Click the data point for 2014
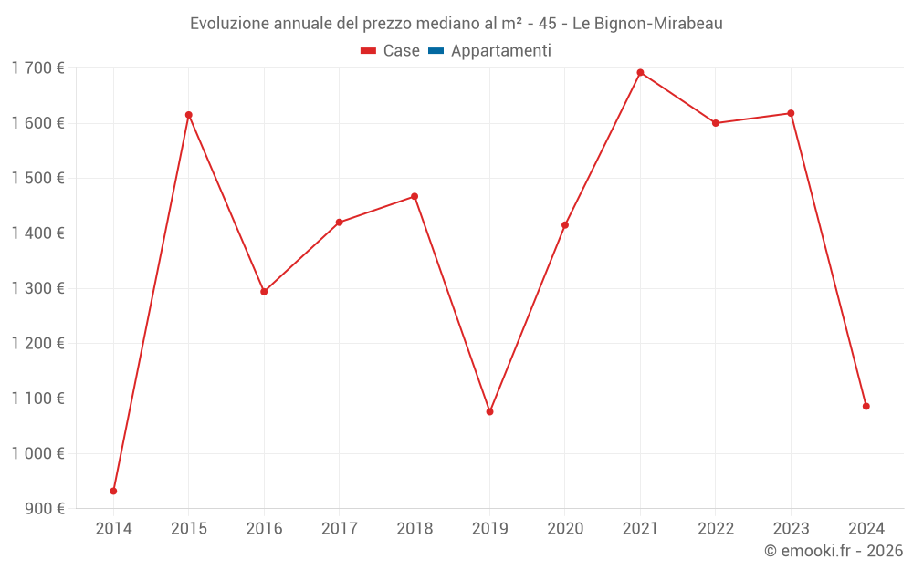pyautogui.click(x=113, y=491)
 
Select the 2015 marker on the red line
pyautogui.click(x=189, y=115)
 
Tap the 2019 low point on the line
pyautogui.click(x=489, y=411)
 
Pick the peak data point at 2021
pyautogui.click(x=640, y=72)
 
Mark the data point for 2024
pyautogui.click(x=866, y=406)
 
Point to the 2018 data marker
pyautogui.click(x=415, y=196)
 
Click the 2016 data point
pyautogui.click(x=264, y=292)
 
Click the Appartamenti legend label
pyautogui.click(x=500, y=51)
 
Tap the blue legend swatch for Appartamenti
pyautogui.click(x=436, y=51)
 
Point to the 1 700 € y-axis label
pyautogui.click(x=37, y=67)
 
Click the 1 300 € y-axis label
pyautogui.click(x=37, y=288)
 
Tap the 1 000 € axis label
pyautogui.click(x=37, y=453)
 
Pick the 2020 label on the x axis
pyautogui.click(x=565, y=528)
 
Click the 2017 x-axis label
pyautogui.click(x=339, y=528)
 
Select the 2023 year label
pyautogui.click(x=791, y=528)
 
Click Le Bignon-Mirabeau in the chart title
pyautogui.click(x=647, y=24)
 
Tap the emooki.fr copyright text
pyautogui.click(x=833, y=551)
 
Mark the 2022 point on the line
pyautogui.click(x=716, y=123)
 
